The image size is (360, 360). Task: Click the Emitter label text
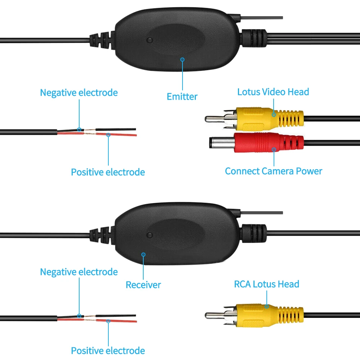pyautogui.click(x=182, y=96)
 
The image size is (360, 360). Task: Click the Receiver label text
pyautogui.click(x=143, y=285)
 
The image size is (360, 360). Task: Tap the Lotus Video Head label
pyautogui.click(x=273, y=92)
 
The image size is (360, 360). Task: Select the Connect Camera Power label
pyautogui.click(x=273, y=171)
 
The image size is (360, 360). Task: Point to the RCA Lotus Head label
pyautogui.click(x=266, y=284)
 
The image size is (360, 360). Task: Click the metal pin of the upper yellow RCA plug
pyautogui.click(x=215, y=118)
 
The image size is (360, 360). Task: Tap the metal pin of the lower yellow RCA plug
pyautogui.click(x=215, y=315)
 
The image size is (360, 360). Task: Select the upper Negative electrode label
pyautogui.click(x=78, y=93)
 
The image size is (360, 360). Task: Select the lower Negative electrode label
pyautogui.click(x=78, y=272)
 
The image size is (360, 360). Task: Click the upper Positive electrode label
pyautogui.click(x=108, y=172)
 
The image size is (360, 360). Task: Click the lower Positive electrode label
pyautogui.click(x=108, y=351)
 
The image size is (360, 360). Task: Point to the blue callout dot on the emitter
pyautogui.click(x=183, y=59)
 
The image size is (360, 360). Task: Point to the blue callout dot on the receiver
pyautogui.click(x=143, y=254)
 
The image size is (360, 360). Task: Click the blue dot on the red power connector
pyautogui.click(x=274, y=149)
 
